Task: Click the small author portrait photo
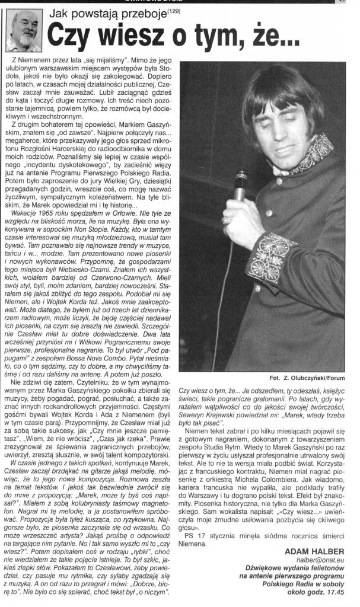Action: coord(23,31)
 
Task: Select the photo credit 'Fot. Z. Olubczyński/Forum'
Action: coord(311,378)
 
